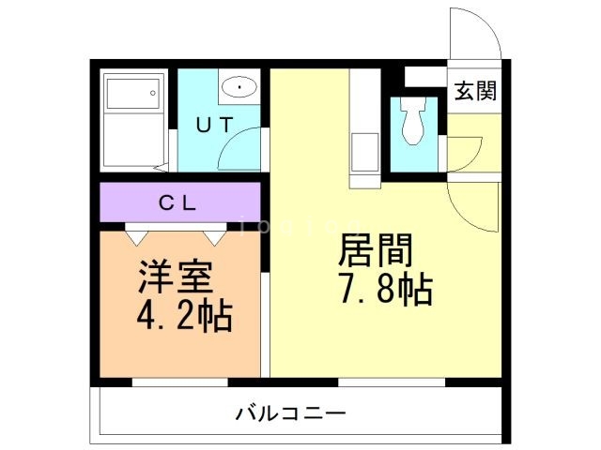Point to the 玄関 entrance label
pos(477,93)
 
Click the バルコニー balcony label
pos(291,412)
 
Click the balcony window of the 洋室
pos(179,382)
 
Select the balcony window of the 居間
pos(390,382)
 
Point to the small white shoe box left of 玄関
pos(425,75)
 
